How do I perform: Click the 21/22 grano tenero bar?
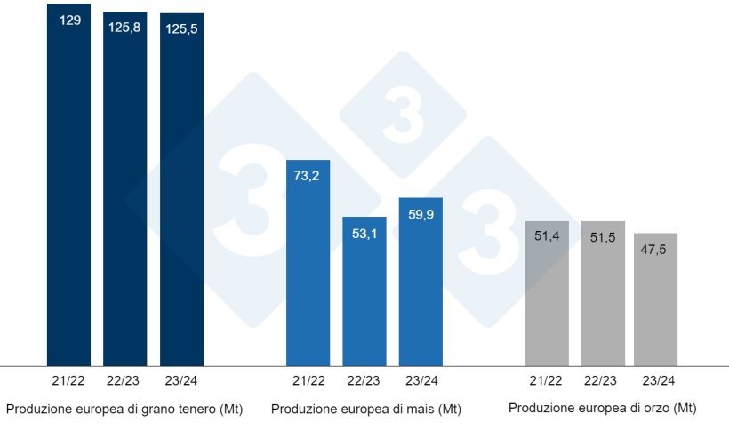[x=68, y=187]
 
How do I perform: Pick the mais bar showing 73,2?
[x=308, y=267]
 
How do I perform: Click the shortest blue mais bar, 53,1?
[x=364, y=293]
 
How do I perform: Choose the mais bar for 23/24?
[x=421, y=284]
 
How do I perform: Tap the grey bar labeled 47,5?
[x=655, y=302]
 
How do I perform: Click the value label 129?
[x=70, y=19]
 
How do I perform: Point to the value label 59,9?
[x=421, y=214]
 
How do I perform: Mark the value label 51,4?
[x=547, y=235]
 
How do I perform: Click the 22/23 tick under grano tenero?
[x=125, y=380]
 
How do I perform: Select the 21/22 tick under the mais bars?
[x=308, y=380]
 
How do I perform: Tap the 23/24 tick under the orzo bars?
[x=656, y=380]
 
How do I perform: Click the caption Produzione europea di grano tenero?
[x=124, y=409]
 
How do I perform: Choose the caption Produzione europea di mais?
[x=365, y=409]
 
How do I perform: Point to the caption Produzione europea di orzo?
[x=602, y=408]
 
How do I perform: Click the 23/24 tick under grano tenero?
[x=181, y=380]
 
